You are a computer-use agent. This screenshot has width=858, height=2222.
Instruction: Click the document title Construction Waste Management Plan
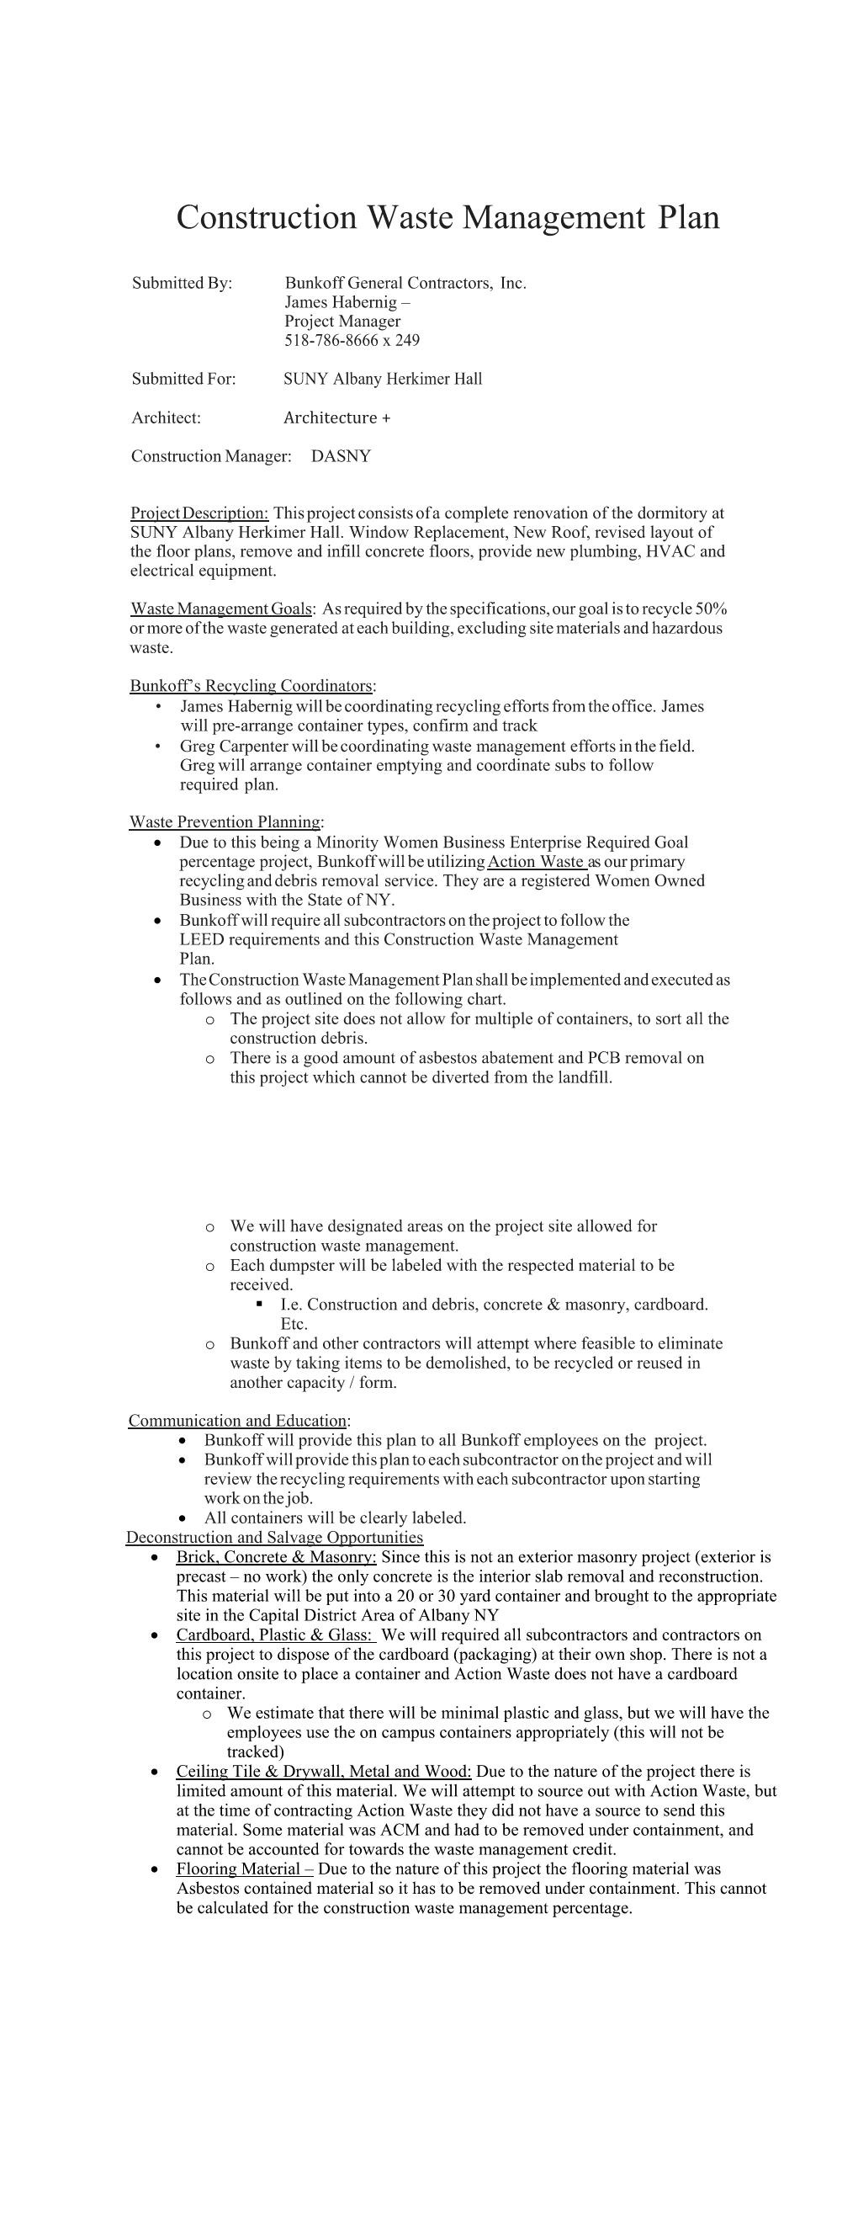(x=448, y=217)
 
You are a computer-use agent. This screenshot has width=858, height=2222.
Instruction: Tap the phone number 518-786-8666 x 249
(x=352, y=341)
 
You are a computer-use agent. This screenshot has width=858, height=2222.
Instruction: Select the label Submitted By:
(x=182, y=284)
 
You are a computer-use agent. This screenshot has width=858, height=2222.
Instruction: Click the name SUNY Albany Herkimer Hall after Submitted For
(x=383, y=379)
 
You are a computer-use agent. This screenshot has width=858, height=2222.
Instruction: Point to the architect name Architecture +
(x=337, y=418)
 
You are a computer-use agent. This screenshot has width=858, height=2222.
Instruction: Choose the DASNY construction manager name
(x=341, y=456)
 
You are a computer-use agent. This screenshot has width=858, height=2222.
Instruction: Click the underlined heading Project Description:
(x=199, y=513)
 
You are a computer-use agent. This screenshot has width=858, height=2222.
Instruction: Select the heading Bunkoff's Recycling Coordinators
(x=252, y=687)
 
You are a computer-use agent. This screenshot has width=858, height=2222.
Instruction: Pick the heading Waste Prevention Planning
(x=225, y=822)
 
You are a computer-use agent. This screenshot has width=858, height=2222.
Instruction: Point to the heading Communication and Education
(x=238, y=1421)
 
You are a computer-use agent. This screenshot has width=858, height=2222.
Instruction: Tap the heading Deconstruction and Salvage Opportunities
(x=274, y=1537)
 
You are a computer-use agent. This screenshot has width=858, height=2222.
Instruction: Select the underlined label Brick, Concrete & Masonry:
(x=276, y=1557)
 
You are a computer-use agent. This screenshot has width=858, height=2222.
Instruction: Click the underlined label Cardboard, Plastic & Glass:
(x=276, y=1635)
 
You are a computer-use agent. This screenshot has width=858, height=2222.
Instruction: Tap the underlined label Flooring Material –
(x=244, y=1868)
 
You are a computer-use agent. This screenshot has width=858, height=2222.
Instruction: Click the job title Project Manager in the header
(x=342, y=322)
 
